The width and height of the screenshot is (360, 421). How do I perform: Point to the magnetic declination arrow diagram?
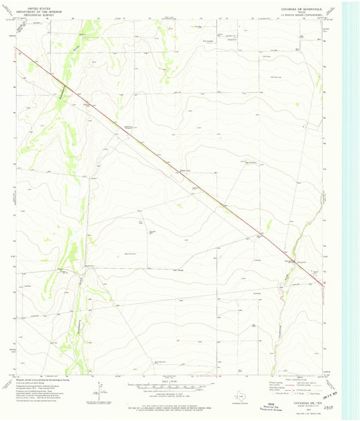(x=100, y=389)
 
